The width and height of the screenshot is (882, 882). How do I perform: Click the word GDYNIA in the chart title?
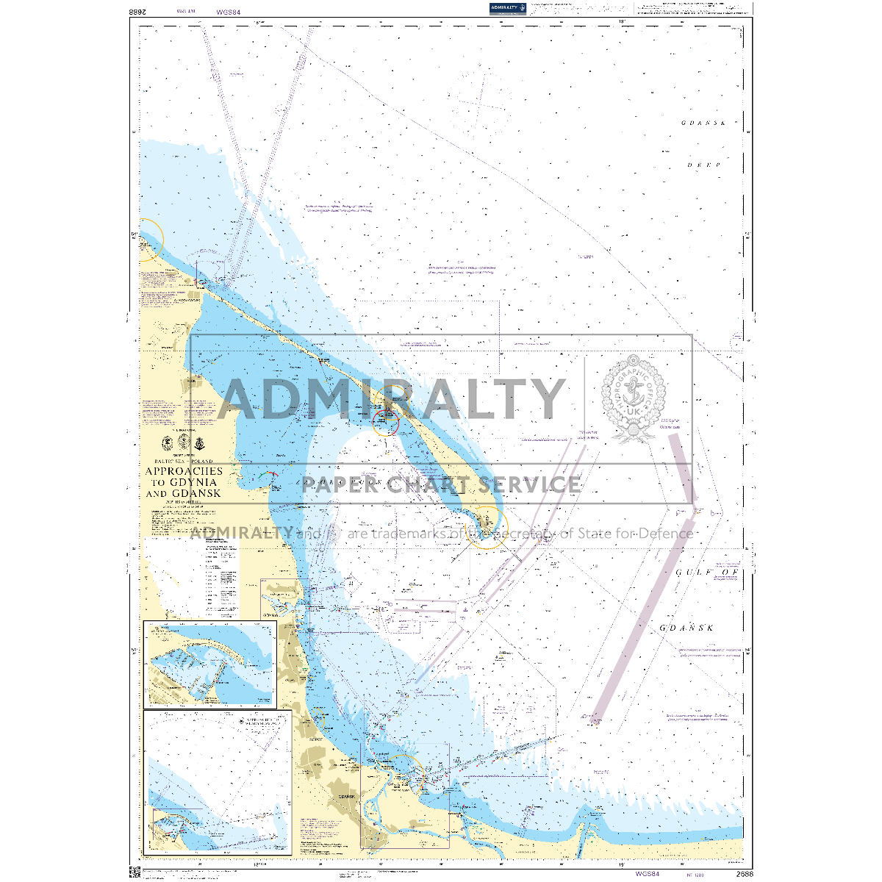[x=193, y=482]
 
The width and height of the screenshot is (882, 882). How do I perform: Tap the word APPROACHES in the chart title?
[x=184, y=471]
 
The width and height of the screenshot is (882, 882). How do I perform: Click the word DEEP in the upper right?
[x=703, y=165]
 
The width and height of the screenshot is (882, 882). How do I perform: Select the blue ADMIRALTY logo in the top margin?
[x=508, y=8]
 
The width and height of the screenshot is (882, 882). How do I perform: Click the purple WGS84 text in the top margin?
[x=229, y=12]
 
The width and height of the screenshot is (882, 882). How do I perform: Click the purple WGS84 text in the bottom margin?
[x=645, y=874]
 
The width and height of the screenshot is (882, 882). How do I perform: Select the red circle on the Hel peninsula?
[x=385, y=423]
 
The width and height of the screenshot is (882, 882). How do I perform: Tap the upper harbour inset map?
[x=210, y=664]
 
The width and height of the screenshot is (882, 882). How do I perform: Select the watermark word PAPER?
[x=339, y=484]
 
